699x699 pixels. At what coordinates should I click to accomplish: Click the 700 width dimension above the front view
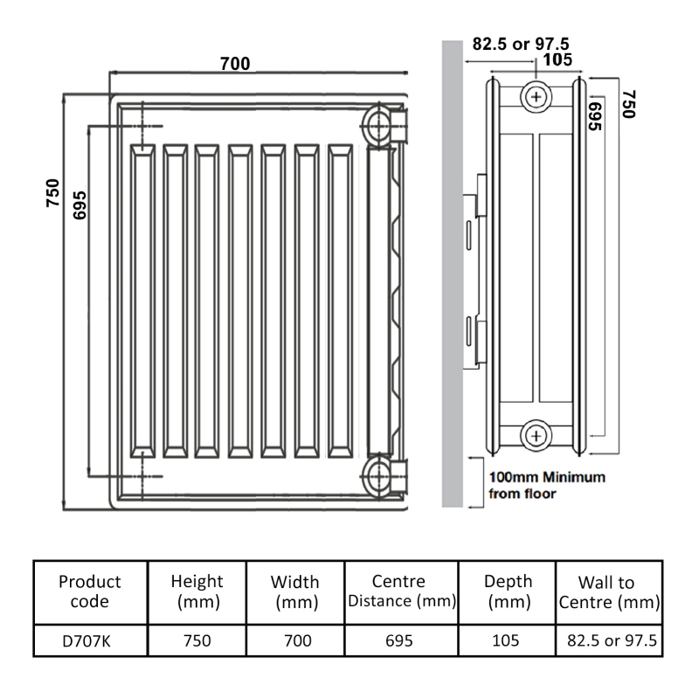pos(235,64)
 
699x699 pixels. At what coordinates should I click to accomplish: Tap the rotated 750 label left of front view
pos(53,192)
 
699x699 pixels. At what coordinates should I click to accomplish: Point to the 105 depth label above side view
pos(557,60)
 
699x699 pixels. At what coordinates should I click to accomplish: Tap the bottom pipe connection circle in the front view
pos(380,477)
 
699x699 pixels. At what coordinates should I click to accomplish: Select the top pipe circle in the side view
pos(535,95)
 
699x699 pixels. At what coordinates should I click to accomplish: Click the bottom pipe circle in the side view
pos(535,434)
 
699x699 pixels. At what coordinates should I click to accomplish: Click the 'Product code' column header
pos(90,591)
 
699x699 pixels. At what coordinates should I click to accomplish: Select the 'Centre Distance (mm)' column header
pos(400,591)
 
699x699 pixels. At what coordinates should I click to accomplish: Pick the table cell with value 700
pos(297,640)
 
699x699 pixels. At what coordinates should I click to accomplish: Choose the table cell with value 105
pos(506,640)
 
